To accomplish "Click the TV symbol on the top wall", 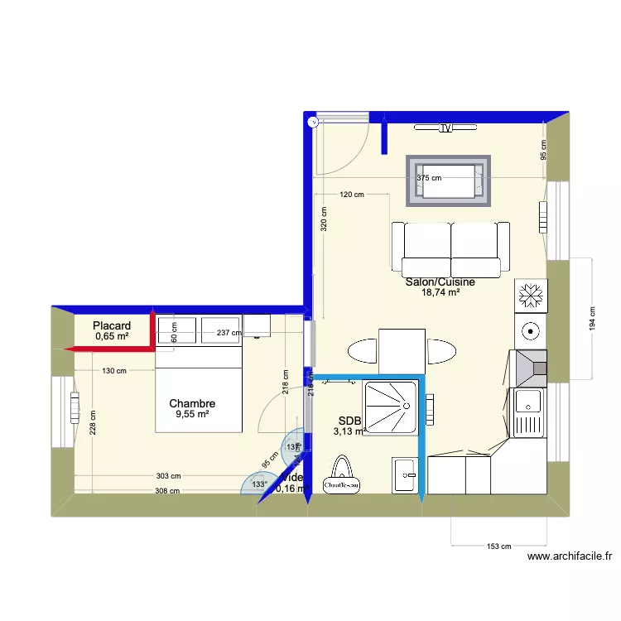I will click(x=446, y=128).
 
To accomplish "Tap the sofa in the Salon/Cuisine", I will click(x=451, y=248).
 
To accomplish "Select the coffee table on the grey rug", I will click(x=450, y=182).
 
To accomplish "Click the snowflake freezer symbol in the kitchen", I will click(x=529, y=295).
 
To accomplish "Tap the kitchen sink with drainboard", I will click(x=528, y=412).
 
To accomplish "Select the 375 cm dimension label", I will click(x=429, y=178).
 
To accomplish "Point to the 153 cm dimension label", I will click(x=500, y=546).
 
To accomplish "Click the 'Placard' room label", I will click(x=112, y=325).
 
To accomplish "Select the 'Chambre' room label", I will click(x=192, y=404).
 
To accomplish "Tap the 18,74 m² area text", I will click(x=440, y=292).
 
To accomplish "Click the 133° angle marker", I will click(x=258, y=484).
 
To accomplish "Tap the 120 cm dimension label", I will click(x=352, y=195).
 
